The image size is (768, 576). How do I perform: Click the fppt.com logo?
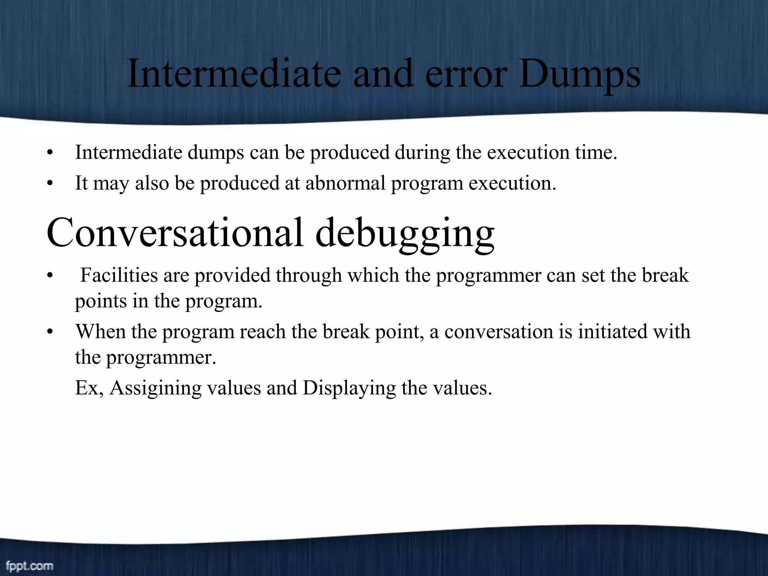pos(29,565)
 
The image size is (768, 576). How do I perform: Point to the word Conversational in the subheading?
pos(175,233)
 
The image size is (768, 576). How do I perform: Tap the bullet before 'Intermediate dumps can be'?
pos(50,153)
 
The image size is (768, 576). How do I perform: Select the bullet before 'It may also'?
pos(50,184)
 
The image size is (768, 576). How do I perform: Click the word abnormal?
pos(345,183)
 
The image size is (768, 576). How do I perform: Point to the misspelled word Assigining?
pos(156,388)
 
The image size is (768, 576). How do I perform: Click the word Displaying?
pos(349,388)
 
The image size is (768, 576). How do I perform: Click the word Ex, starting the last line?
pos(89,388)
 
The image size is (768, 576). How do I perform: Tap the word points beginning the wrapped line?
pos(100,301)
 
